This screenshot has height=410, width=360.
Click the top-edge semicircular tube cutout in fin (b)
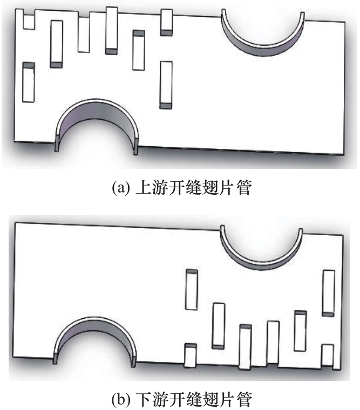pos(261,248)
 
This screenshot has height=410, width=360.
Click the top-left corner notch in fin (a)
pos(28,19)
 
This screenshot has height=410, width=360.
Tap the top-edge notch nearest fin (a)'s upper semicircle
pos(167,22)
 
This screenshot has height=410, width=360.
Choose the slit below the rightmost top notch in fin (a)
pos(166,84)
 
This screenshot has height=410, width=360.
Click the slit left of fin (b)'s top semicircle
pos(191,289)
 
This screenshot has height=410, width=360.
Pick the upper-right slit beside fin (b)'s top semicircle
pos(329,292)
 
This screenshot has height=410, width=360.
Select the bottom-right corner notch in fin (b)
pos(327,357)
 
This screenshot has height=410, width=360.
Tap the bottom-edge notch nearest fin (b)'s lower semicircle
pos(191,356)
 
